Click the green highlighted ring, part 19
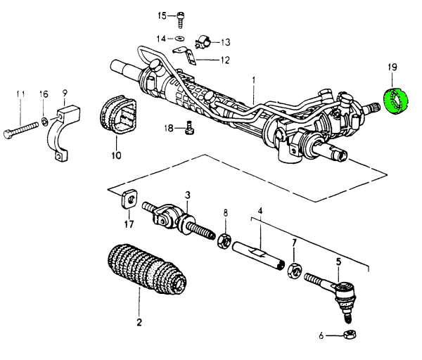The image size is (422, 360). (x=392, y=100)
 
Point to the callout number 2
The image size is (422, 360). (x=139, y=323)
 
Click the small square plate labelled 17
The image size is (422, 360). (x=128, y=199)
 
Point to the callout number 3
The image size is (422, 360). (x=188, y=194)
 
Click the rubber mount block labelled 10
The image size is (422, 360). (x=118, y=117)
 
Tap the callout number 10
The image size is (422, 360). (x=115, y=155)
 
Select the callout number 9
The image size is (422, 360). (x=64, y=93)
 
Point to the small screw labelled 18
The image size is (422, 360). (x=188, y=128)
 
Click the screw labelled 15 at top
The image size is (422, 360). (x=181, y=16)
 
